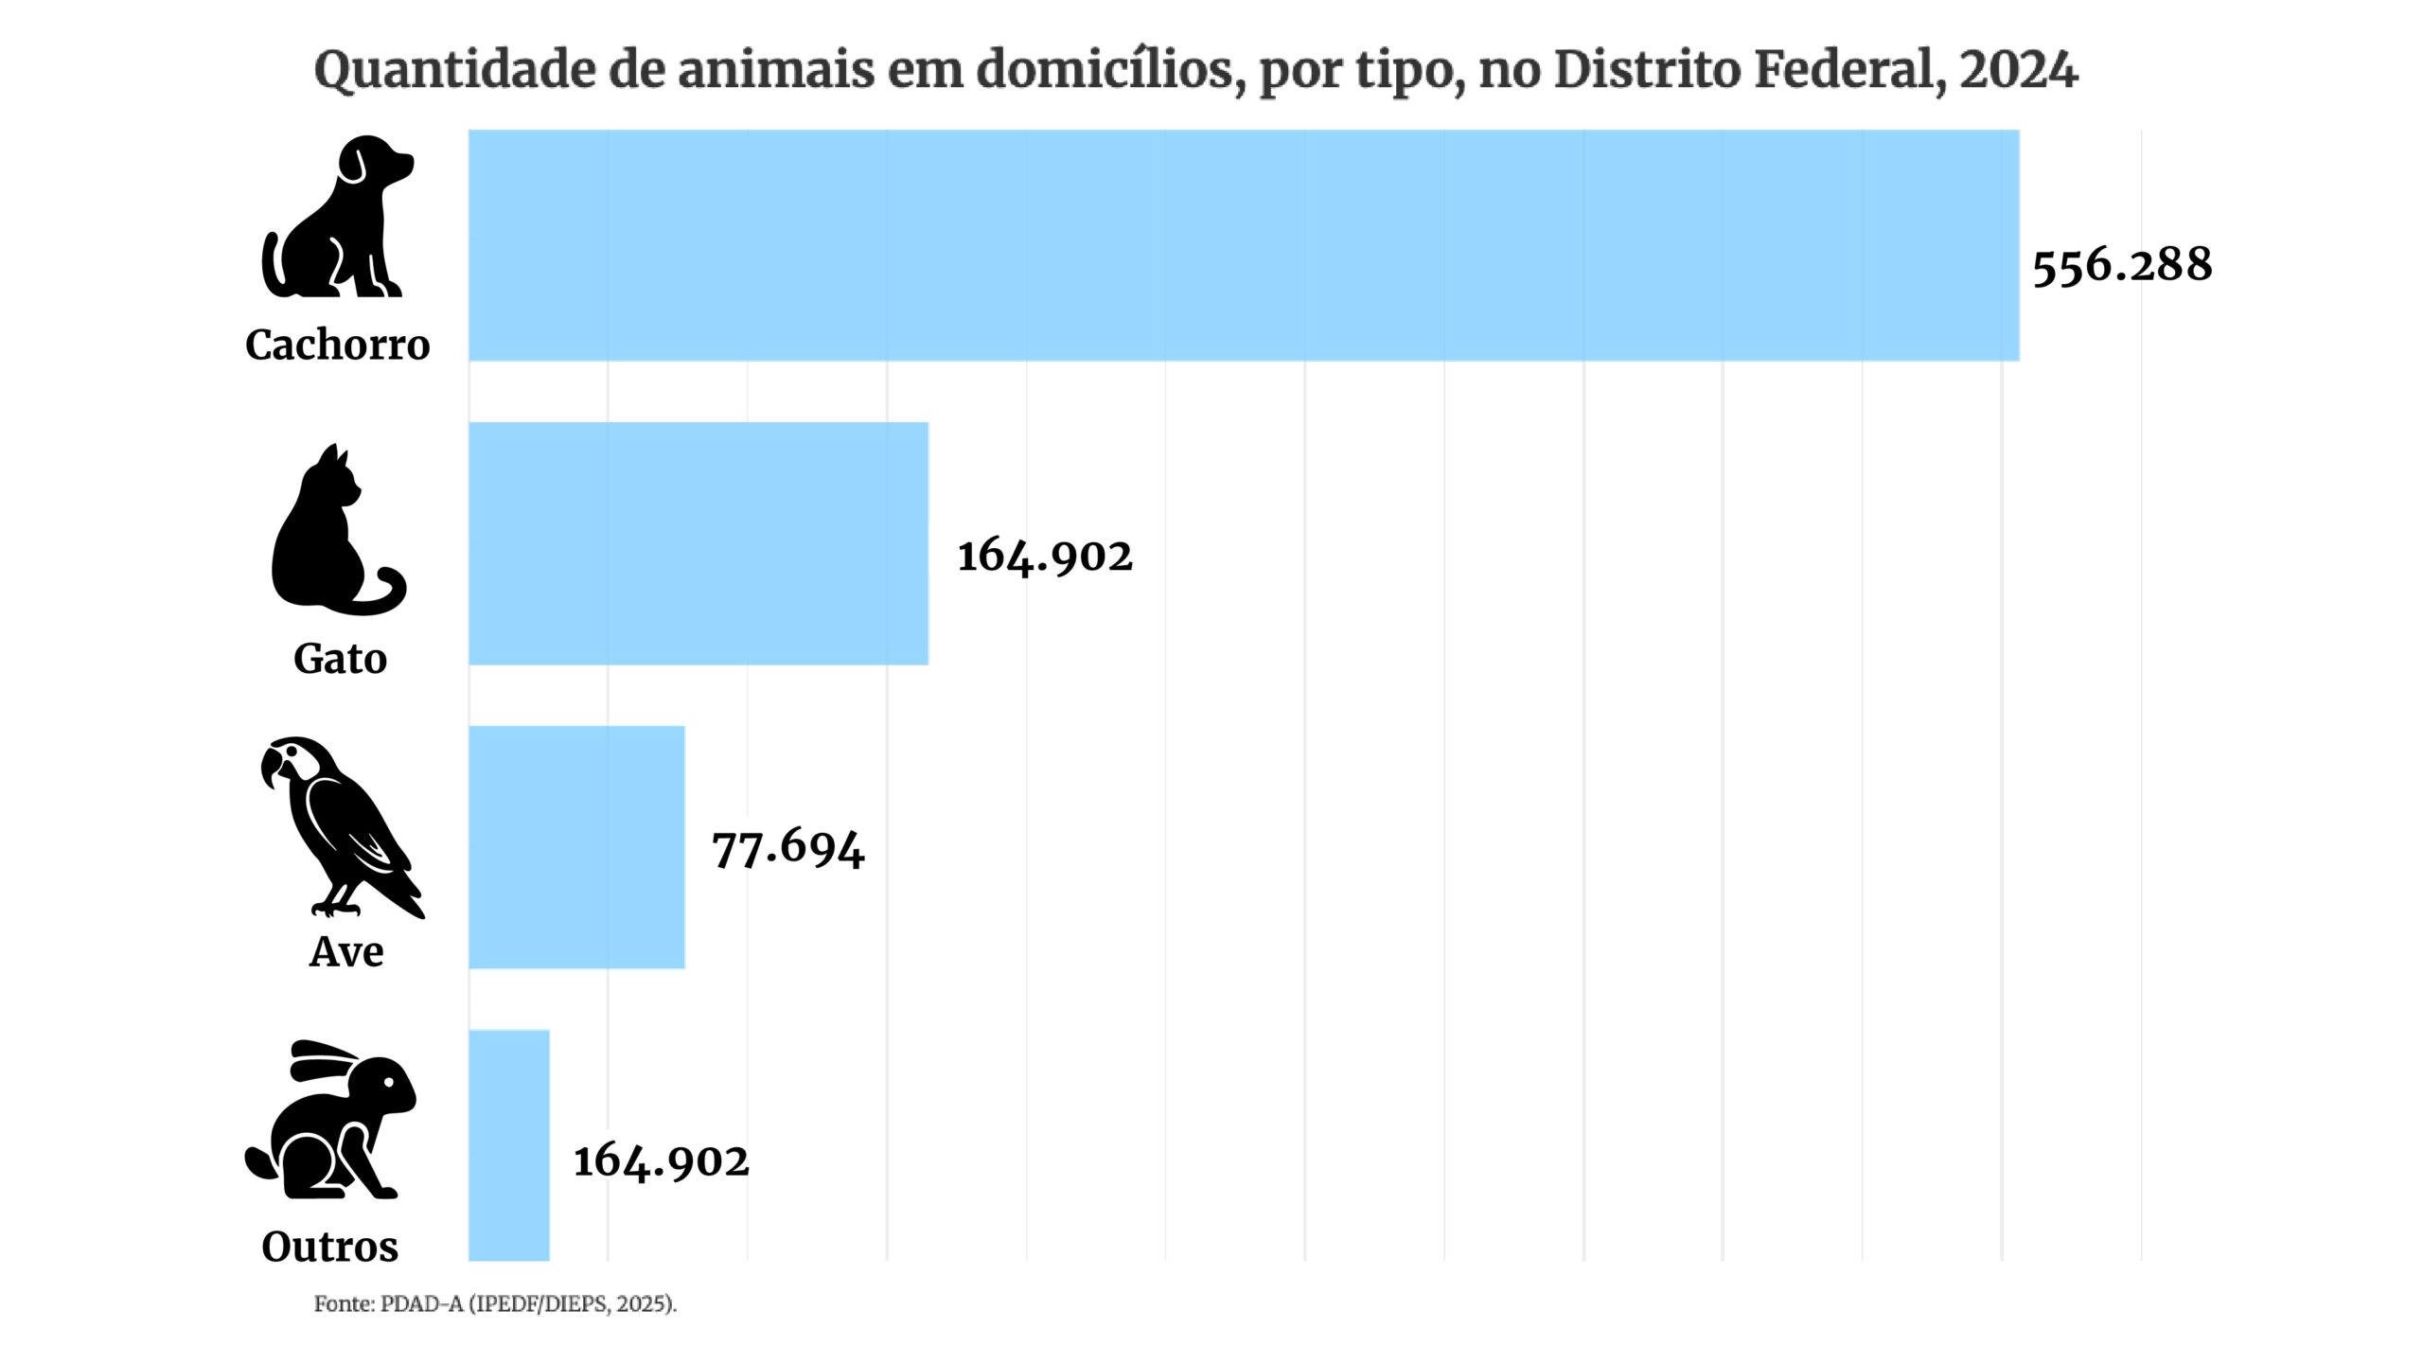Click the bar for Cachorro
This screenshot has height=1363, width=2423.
coord(1244,245)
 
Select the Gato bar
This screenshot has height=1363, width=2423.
coord(699,543)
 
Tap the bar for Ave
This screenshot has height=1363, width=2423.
coord(576,847)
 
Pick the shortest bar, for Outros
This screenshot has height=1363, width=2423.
coord(509,1145)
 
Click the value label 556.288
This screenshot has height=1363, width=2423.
coord(2122,265)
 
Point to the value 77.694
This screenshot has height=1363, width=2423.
coord(788,848)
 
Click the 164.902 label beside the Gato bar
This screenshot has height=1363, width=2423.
coord(1045,556)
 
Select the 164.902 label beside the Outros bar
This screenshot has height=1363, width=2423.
coord(661,1161)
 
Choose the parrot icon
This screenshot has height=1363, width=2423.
coord(343,826)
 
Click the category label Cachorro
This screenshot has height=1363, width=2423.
coord(338,345)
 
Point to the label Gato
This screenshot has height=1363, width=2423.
coord(340,658)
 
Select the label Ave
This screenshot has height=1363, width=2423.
coord(346,951)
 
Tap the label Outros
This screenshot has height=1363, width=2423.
coord(330,1246)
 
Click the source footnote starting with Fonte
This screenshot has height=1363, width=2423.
coord(495,1304)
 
